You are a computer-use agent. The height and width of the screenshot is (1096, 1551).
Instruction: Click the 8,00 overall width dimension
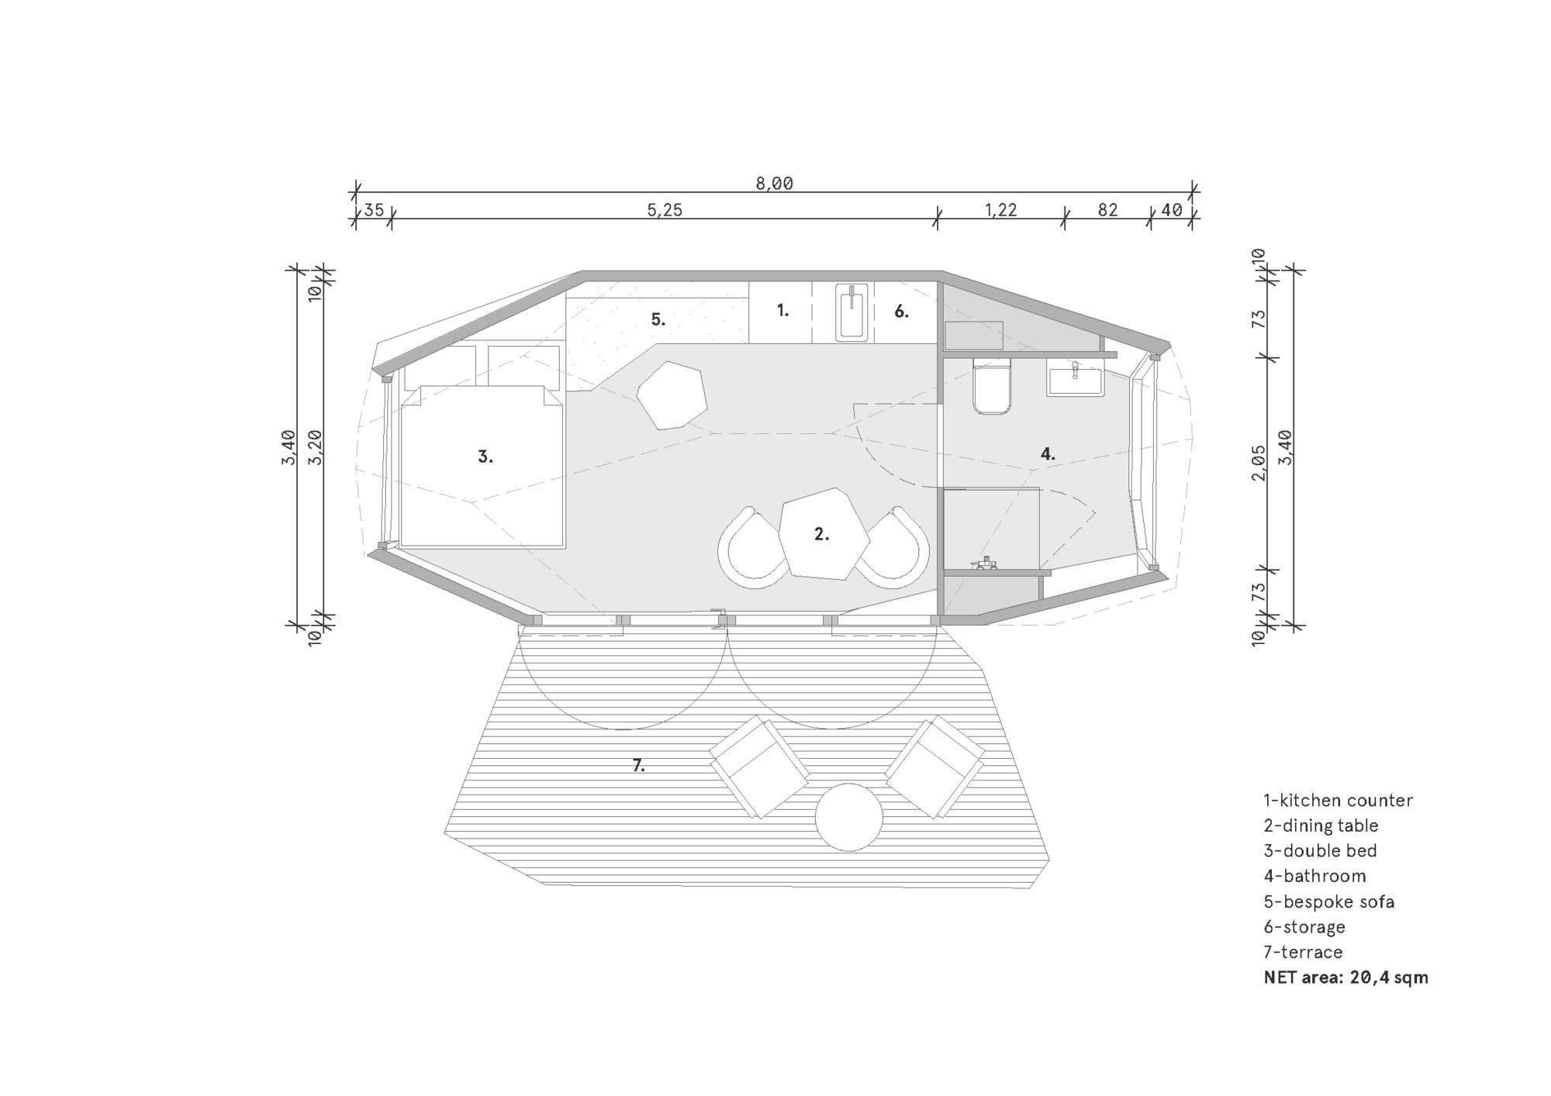click(774, 184)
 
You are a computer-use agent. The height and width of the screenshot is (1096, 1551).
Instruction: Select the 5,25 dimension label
click(665, 210)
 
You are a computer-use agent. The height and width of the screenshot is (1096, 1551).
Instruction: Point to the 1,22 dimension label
click(1000, 210)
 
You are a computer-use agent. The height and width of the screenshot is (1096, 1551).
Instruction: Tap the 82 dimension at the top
click(1107, 210)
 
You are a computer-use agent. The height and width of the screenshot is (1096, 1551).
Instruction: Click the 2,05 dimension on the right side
click(1259, 463)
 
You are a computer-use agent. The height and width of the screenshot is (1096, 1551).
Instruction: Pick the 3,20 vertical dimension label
click(315, 447)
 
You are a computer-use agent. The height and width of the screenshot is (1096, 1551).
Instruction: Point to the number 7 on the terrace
click(638, 766)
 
